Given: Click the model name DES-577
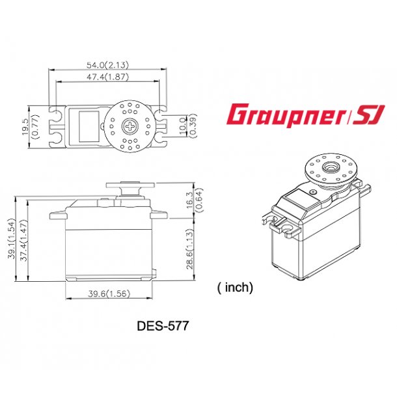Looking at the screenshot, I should (163, 326).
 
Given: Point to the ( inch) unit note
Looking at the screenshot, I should (234, 287).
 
